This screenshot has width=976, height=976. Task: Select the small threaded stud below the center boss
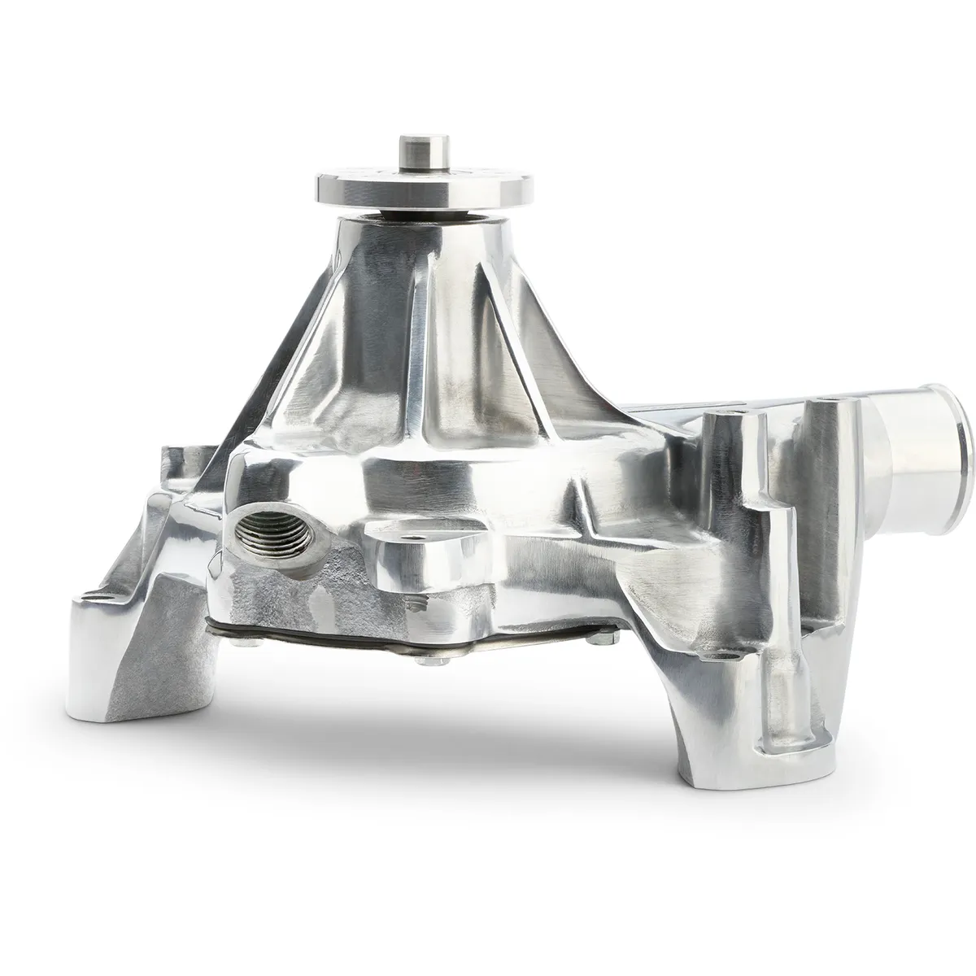[x=417, y=603]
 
